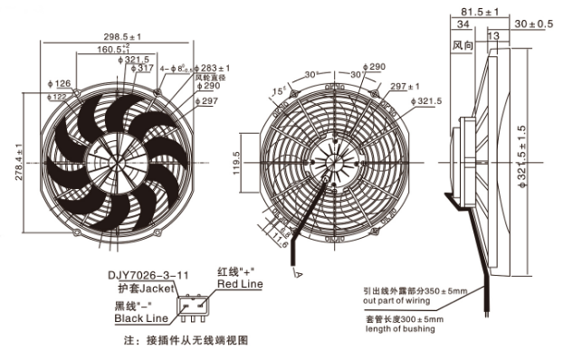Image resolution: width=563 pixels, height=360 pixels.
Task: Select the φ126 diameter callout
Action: pyautogui.click(x=59, y=84)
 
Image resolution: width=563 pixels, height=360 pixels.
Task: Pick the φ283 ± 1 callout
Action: pyautogui.click(x=215, y=67)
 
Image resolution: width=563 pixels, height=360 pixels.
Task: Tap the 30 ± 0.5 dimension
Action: pyautogui.click(x=533, y=24)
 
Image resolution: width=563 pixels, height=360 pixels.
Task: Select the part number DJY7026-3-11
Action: pyautogui.click(x=150, y=274)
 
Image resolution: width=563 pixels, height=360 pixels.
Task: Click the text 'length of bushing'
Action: pyautogui.click(x=400, y=328)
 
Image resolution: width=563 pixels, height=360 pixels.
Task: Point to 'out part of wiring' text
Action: pyautogui.click(x=399, y=301)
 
